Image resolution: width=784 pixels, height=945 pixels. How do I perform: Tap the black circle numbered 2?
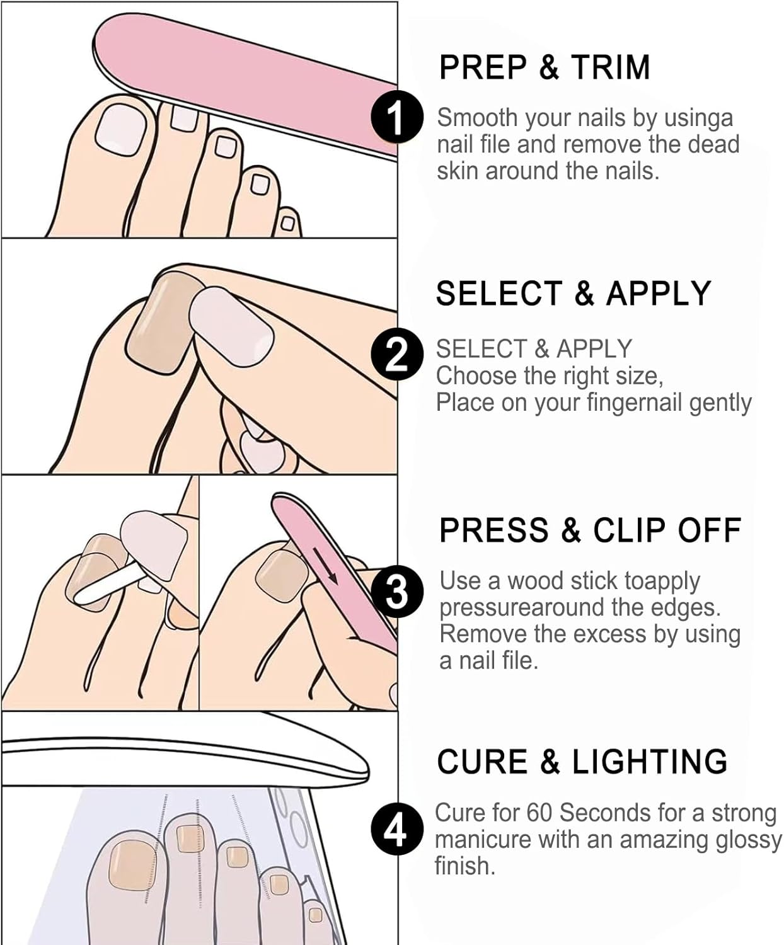(396, 353)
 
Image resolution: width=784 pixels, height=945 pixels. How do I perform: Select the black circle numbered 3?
(396, 591)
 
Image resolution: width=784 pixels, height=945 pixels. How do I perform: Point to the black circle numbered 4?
(395, 830)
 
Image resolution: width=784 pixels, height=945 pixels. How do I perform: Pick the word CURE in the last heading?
(482, 762)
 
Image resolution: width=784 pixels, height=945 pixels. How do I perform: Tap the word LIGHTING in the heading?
(649, 762)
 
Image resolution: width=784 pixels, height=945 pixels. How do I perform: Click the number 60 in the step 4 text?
(539, 813)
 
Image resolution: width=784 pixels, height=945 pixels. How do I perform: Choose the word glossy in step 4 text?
(746, 840)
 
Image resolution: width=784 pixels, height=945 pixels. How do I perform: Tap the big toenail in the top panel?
(120, 128)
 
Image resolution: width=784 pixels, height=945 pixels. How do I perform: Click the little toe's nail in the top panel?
(287, 223)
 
